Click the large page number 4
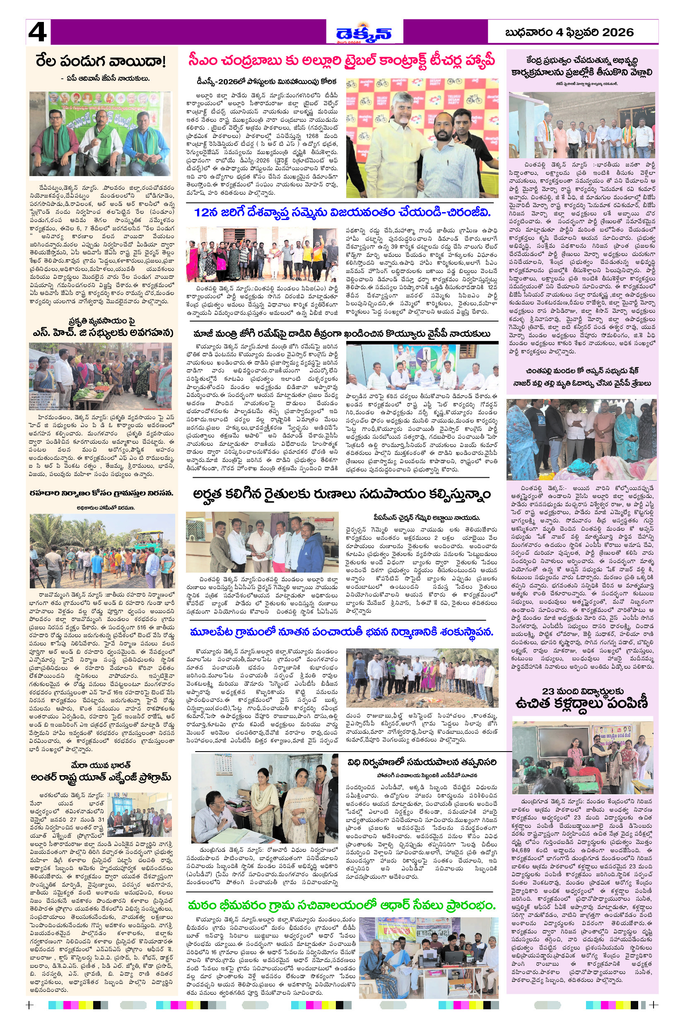pos(38,32)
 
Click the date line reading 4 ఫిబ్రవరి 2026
pos(569,32)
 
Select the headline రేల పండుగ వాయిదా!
pos(101,62)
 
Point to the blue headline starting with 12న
pos(342,213)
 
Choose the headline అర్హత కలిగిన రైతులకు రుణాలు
pos(342,494)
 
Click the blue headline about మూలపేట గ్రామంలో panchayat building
pos(342,632)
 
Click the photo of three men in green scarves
pos(100,134)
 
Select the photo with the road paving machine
pos(102,551)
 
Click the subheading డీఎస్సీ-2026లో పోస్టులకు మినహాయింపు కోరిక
pos(266,82)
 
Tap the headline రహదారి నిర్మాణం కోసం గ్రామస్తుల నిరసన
pos(101,493)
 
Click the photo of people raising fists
pos(262,254)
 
